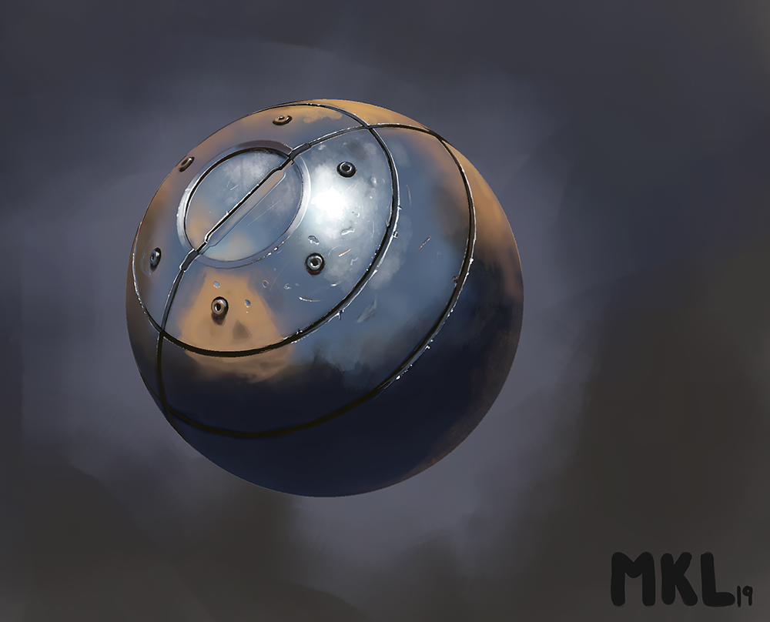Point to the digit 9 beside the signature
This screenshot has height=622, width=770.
pyautogui.click(x=748, y=594)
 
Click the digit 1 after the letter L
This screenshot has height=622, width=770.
pyautogui.click(x=738, y=594)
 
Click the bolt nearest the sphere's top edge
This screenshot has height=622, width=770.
pyautogui.click(x=282, y=119)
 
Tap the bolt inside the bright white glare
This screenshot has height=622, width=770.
pyautogui.click(x=346, y=169)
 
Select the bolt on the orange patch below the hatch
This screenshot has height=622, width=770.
pyautogui.click(x=219, y=307)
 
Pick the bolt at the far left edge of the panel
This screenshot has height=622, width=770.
pyautogui.click(x=155, y=257)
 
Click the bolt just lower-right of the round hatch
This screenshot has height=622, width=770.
pyautogui.click(x=314, y=263)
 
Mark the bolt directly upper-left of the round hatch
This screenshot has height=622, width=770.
pyautogui.click(x=186, y=163)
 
